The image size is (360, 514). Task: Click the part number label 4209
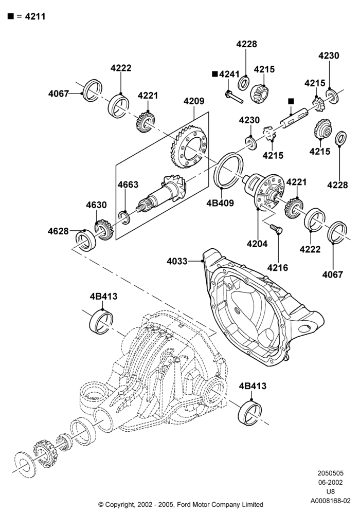coord(194,101)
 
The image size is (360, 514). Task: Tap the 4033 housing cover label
coord(177,261)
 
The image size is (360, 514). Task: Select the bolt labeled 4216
coord(276,229)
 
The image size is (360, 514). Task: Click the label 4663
coord(128,185)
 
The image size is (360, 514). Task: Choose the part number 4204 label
coord(257,244)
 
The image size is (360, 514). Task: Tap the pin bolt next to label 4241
coord(234,97)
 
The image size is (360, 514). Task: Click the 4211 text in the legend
coord(35,16)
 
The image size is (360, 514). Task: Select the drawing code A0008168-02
coord(331,501)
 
